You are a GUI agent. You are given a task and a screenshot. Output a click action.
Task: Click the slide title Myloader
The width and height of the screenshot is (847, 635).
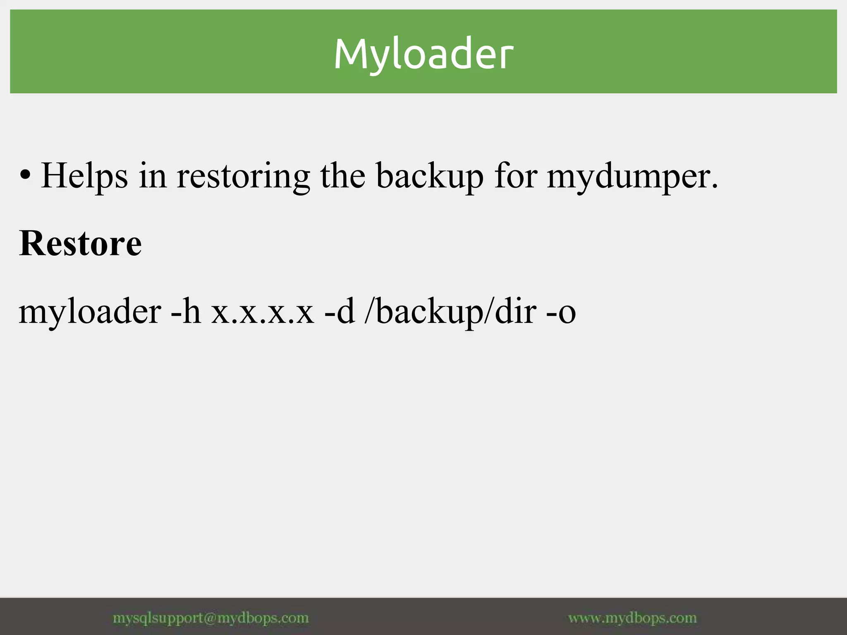[x=423, y=54]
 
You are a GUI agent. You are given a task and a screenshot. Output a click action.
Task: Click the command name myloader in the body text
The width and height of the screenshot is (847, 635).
[x=90, y=312]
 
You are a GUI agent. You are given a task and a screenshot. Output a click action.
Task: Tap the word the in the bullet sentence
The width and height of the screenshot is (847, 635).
[x=343, y=176]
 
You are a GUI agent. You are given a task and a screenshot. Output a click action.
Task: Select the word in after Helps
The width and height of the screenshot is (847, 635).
[x=153, y=176]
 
